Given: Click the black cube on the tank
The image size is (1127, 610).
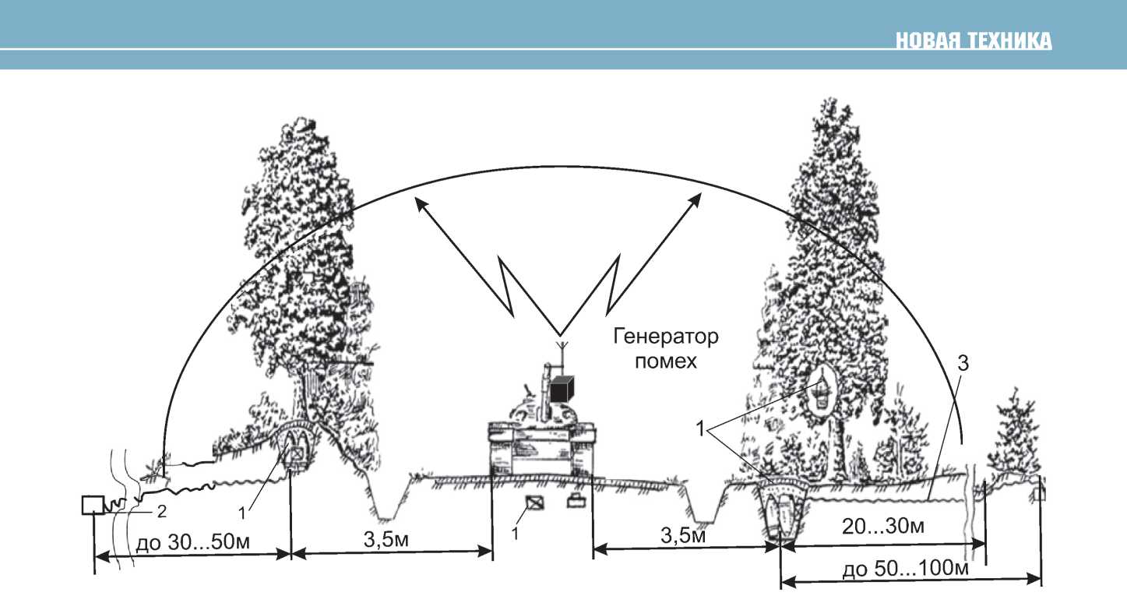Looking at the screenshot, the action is click(561, 389).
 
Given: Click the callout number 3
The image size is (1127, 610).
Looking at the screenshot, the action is click(964, 364).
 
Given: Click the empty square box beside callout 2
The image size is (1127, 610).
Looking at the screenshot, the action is click(93, 505).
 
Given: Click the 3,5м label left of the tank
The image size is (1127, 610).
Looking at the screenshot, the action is click(392, 540).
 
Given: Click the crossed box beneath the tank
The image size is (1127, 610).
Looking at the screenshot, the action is click(534, 502).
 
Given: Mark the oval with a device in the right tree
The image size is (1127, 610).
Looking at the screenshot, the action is click(819, 393).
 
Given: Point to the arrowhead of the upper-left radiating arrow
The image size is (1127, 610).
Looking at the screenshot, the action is click(419, 201).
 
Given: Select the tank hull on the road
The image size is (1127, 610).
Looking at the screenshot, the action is click(541, 448).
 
